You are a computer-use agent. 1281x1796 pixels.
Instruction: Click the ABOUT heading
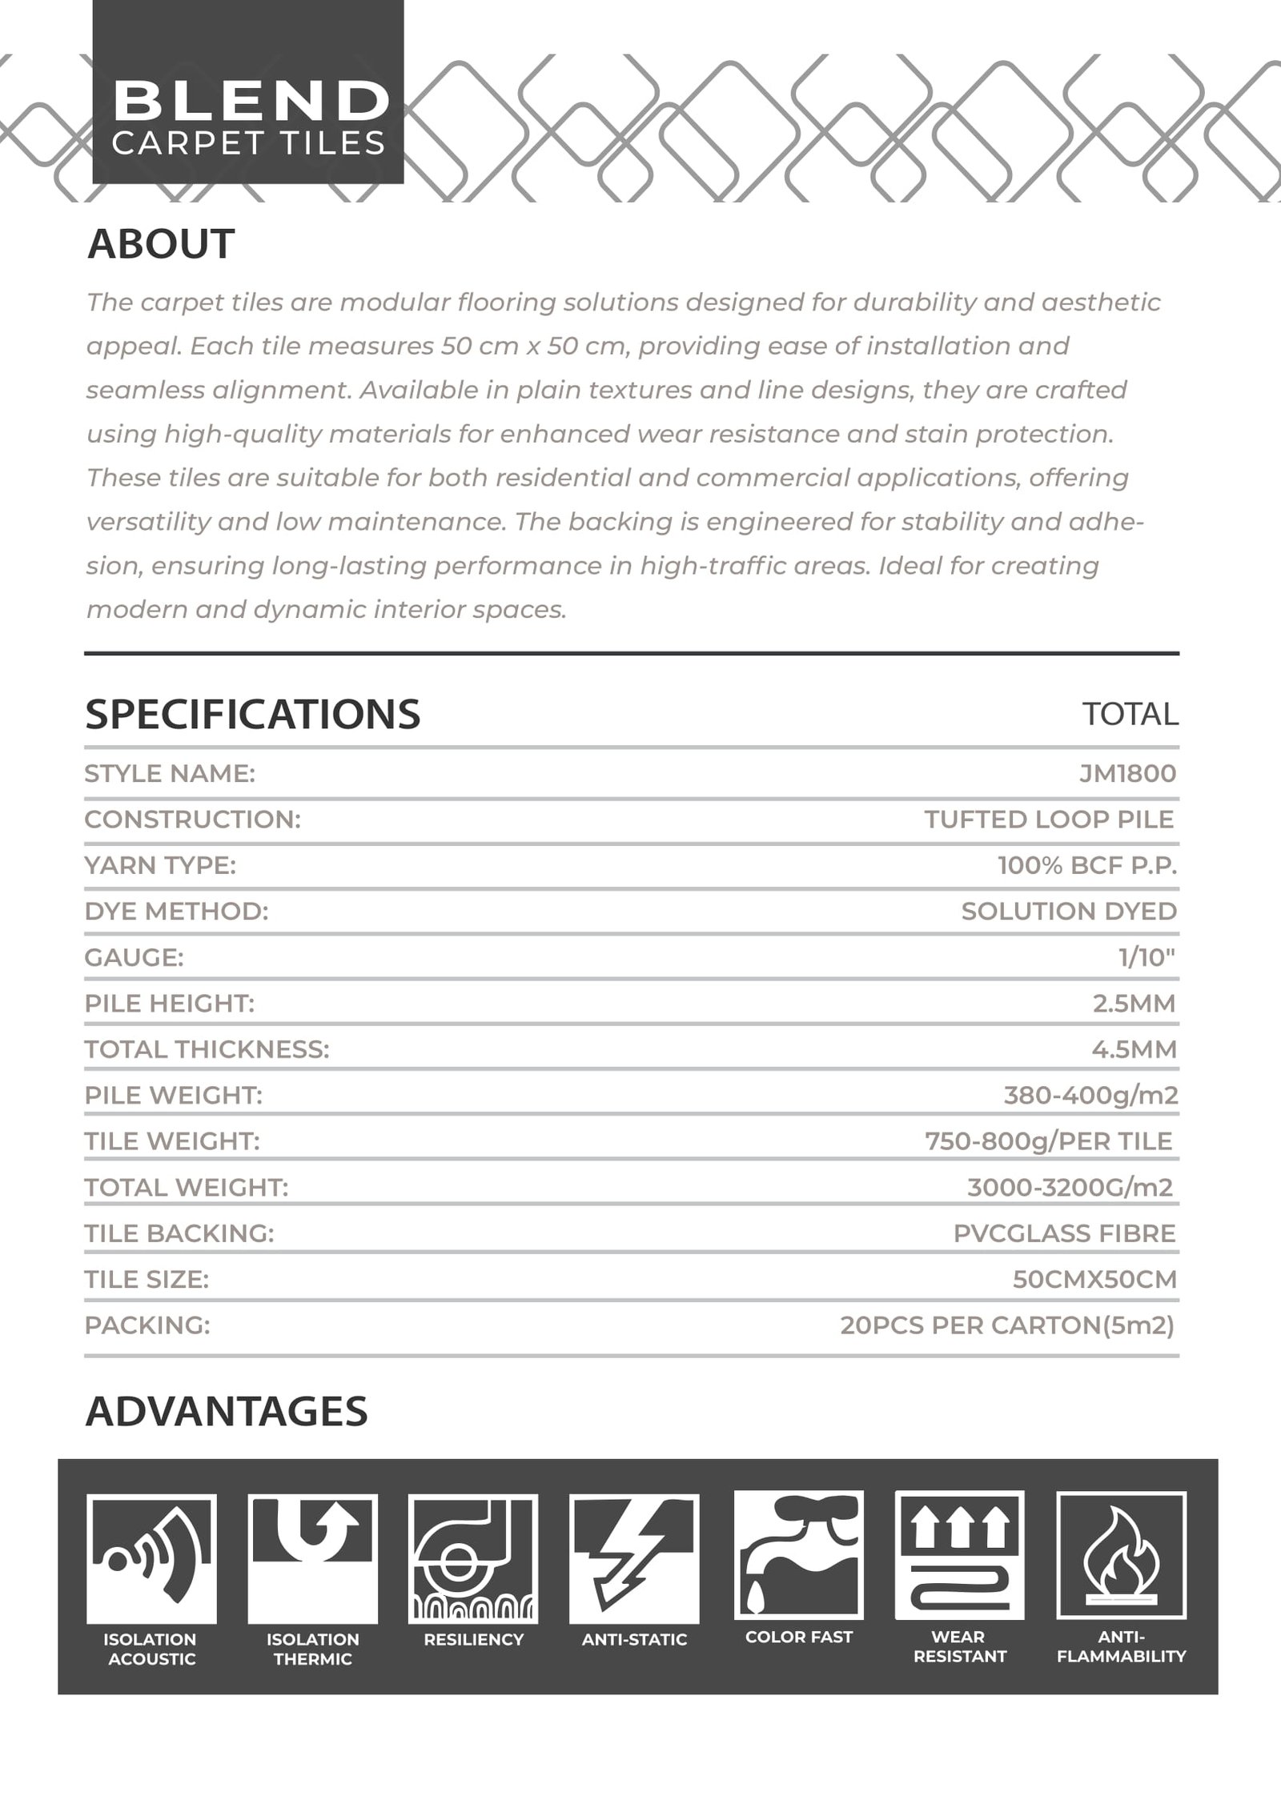pyautogui.click(x=161, y=243)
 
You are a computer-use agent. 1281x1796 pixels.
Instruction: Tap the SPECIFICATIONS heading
pyautogui.click(x=252, y=714)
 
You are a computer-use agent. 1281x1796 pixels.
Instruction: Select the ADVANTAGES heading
pyautogui.click(x=227, y=1411)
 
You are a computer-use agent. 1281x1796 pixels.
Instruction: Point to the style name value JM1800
pyautogui.click(x=1127, y=773)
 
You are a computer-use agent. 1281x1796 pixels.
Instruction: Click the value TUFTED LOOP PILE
pyautogui.click(x=1049, y=819)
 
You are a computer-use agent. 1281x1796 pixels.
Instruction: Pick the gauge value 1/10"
pyautogui.click(x=1146, y=957)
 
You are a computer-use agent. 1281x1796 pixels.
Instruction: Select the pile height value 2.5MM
pyautogui.click(x=1134, y=1003)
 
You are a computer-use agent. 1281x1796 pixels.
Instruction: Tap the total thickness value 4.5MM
pyautogui.click(x=1134, y=1049)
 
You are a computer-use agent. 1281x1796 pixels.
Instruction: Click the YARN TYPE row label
pyautogui.click(x=160, y=865)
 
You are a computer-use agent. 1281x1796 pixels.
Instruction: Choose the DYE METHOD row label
pyautogui.click(x=176, y=911)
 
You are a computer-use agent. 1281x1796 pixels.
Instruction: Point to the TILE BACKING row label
pyautogui.click(x=179, y=1233)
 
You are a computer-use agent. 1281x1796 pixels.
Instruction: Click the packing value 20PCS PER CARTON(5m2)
pyautogui.click(x=1006, y=1325)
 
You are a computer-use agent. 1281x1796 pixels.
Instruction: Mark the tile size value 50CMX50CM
pyautogui.click(x=1094, y=1279)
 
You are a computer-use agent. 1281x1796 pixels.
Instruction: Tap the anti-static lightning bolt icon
pyautogui.click(x=633, y=1558)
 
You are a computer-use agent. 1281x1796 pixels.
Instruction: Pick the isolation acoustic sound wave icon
pyautogui.click(x=151, y=1558)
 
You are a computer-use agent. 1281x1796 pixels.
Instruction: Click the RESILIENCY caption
pyautogui.click(x=473, y=1640)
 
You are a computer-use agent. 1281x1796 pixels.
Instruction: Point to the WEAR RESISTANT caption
pyautogui.click(x=959, y=1646)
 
